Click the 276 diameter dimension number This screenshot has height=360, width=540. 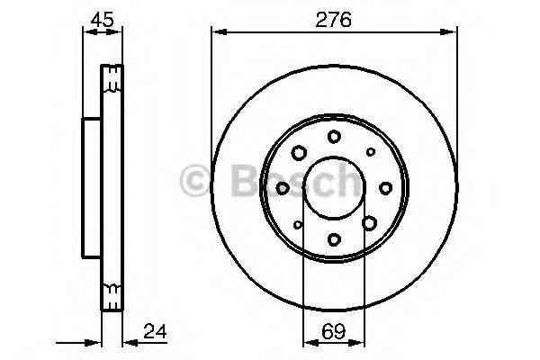[x=334, y=17]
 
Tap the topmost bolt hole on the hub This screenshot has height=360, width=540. [x=334, y=136]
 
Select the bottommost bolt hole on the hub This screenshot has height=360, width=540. [x=334, y=239]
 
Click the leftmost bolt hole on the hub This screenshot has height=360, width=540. [x=283, y=187]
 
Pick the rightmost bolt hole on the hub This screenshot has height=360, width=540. [x=385, y=187]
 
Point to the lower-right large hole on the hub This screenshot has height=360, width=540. [x=369, y=222]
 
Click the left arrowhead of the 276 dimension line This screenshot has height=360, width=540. [x=216, y=33]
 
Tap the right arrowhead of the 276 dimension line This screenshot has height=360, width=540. [x=453, y=33]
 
